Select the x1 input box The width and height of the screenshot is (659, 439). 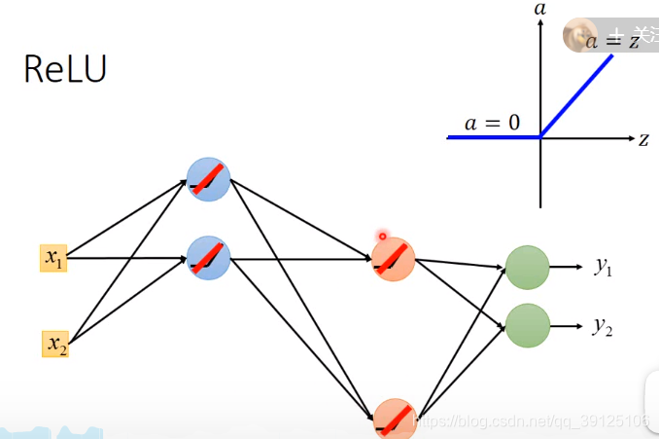(x=52, y=258)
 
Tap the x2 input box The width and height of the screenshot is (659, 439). (x=55, y=344)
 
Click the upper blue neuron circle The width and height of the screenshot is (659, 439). (x=208, y=179)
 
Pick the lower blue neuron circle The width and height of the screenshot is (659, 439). (x=208, y=259)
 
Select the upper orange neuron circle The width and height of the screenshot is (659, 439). (x=394, y=259)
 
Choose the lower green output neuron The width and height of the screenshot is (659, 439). (x=528, y=325)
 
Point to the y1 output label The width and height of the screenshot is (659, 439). (x=604, y=266)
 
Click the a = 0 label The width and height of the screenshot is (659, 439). (x=492, y=123)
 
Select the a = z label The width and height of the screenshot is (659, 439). (x=610, y=40)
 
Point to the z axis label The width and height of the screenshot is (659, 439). (x=643, y=139)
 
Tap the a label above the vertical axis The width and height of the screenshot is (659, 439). (x=540, y=9)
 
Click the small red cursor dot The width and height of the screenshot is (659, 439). (x=383, y=236)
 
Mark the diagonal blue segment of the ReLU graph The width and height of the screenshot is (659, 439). (x=577, y=95)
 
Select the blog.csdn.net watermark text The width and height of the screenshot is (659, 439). (x=531, y=421)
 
